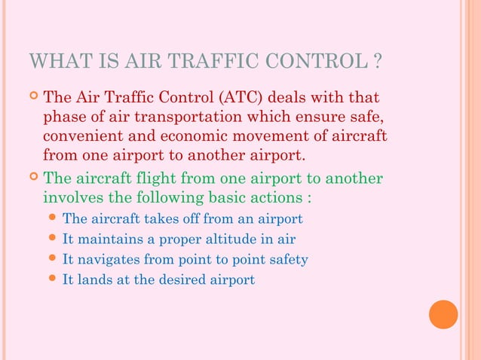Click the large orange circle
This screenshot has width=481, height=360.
click(x=443, y=314)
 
